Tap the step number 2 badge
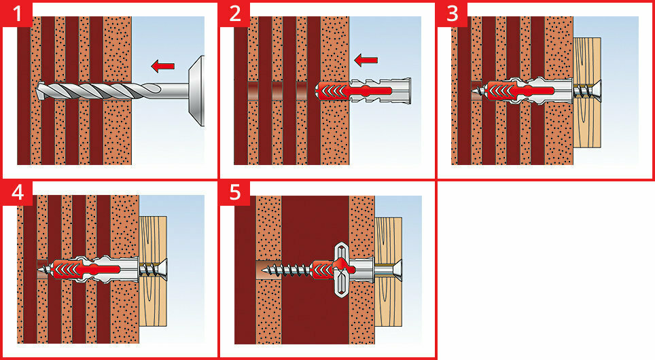click(x=234, y=14)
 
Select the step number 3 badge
click(x=452, y=14)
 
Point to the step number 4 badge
click(x=16, y=192)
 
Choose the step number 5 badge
click(x=234, y=192)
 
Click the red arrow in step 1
click(x=162, y=66)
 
